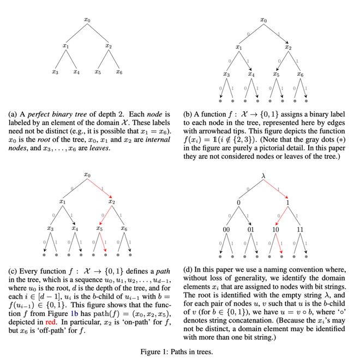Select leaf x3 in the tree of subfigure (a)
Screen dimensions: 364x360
[55, 72]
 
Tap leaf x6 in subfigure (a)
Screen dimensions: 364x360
[119, 72]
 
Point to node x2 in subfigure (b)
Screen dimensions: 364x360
[288, 47]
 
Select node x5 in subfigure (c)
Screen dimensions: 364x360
[99, 229]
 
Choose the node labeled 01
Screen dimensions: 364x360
[251, 229]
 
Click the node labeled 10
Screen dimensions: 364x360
[276, 229]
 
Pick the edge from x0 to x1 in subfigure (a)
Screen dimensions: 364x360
[76, 33]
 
